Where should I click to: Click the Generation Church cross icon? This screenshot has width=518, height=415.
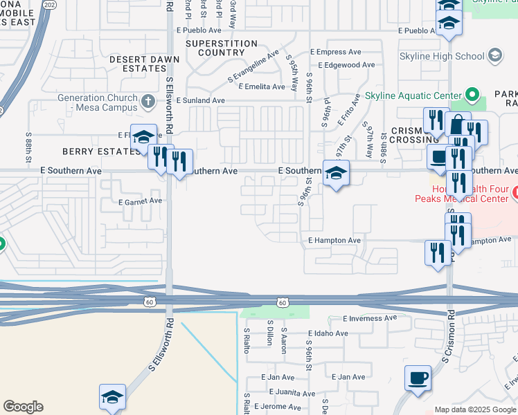[x=148, y=102]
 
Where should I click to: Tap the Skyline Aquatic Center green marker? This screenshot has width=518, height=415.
[x=473, y=94]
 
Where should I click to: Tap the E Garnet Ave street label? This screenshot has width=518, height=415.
[x=141, y=201]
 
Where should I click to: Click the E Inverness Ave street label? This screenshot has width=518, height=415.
[x=370, y=318]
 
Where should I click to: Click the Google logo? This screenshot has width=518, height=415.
[x=23, y=407]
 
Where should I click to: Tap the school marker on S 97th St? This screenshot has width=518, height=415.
[x=336, y=173]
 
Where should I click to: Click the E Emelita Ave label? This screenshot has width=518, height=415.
[x=261, y=86]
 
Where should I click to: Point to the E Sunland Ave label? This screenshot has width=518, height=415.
[x=200, y=100]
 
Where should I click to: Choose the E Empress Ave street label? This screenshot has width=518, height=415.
[x=336, y=52]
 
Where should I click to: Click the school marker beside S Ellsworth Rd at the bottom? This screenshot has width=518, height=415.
[x=112, y=396]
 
